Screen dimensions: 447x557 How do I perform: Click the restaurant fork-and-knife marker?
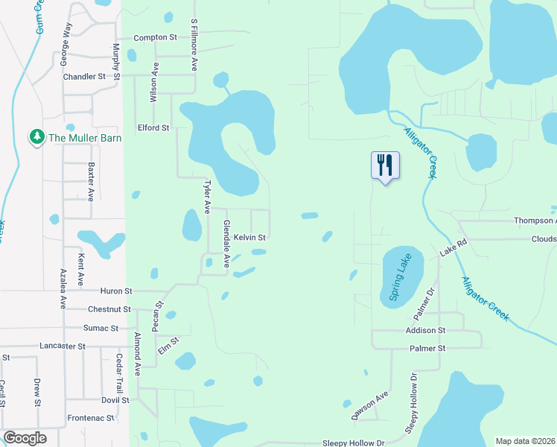(x=385, y=165)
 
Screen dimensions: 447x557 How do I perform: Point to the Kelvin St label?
(x=249, y=238)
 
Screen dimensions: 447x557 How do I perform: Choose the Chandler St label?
(x=84, y=77)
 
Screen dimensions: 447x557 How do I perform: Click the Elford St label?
(x=153, y=128)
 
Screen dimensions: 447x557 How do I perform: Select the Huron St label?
(x=115, y=291)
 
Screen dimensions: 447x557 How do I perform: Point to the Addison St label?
(x=425, y=330)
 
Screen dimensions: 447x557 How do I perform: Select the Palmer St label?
(x=427, y=349)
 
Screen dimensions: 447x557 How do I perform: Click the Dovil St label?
(x=110, y=400)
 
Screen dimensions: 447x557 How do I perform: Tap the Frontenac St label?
(x=90, y=419)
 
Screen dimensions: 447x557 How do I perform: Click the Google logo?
(x=25, y=438)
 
